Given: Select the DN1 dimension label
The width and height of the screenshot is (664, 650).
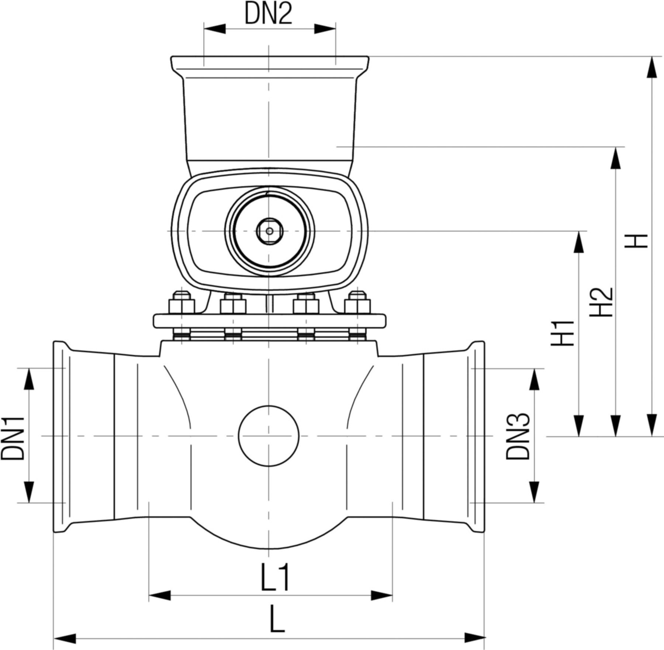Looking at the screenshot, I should point(13,438).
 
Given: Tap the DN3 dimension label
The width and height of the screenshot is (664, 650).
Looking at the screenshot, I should point(518,436).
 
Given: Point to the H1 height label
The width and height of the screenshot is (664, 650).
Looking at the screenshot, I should point(563,333).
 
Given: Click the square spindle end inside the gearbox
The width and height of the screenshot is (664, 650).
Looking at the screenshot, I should point(270,231).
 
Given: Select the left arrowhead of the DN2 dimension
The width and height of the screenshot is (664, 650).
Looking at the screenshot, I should point(215,29).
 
